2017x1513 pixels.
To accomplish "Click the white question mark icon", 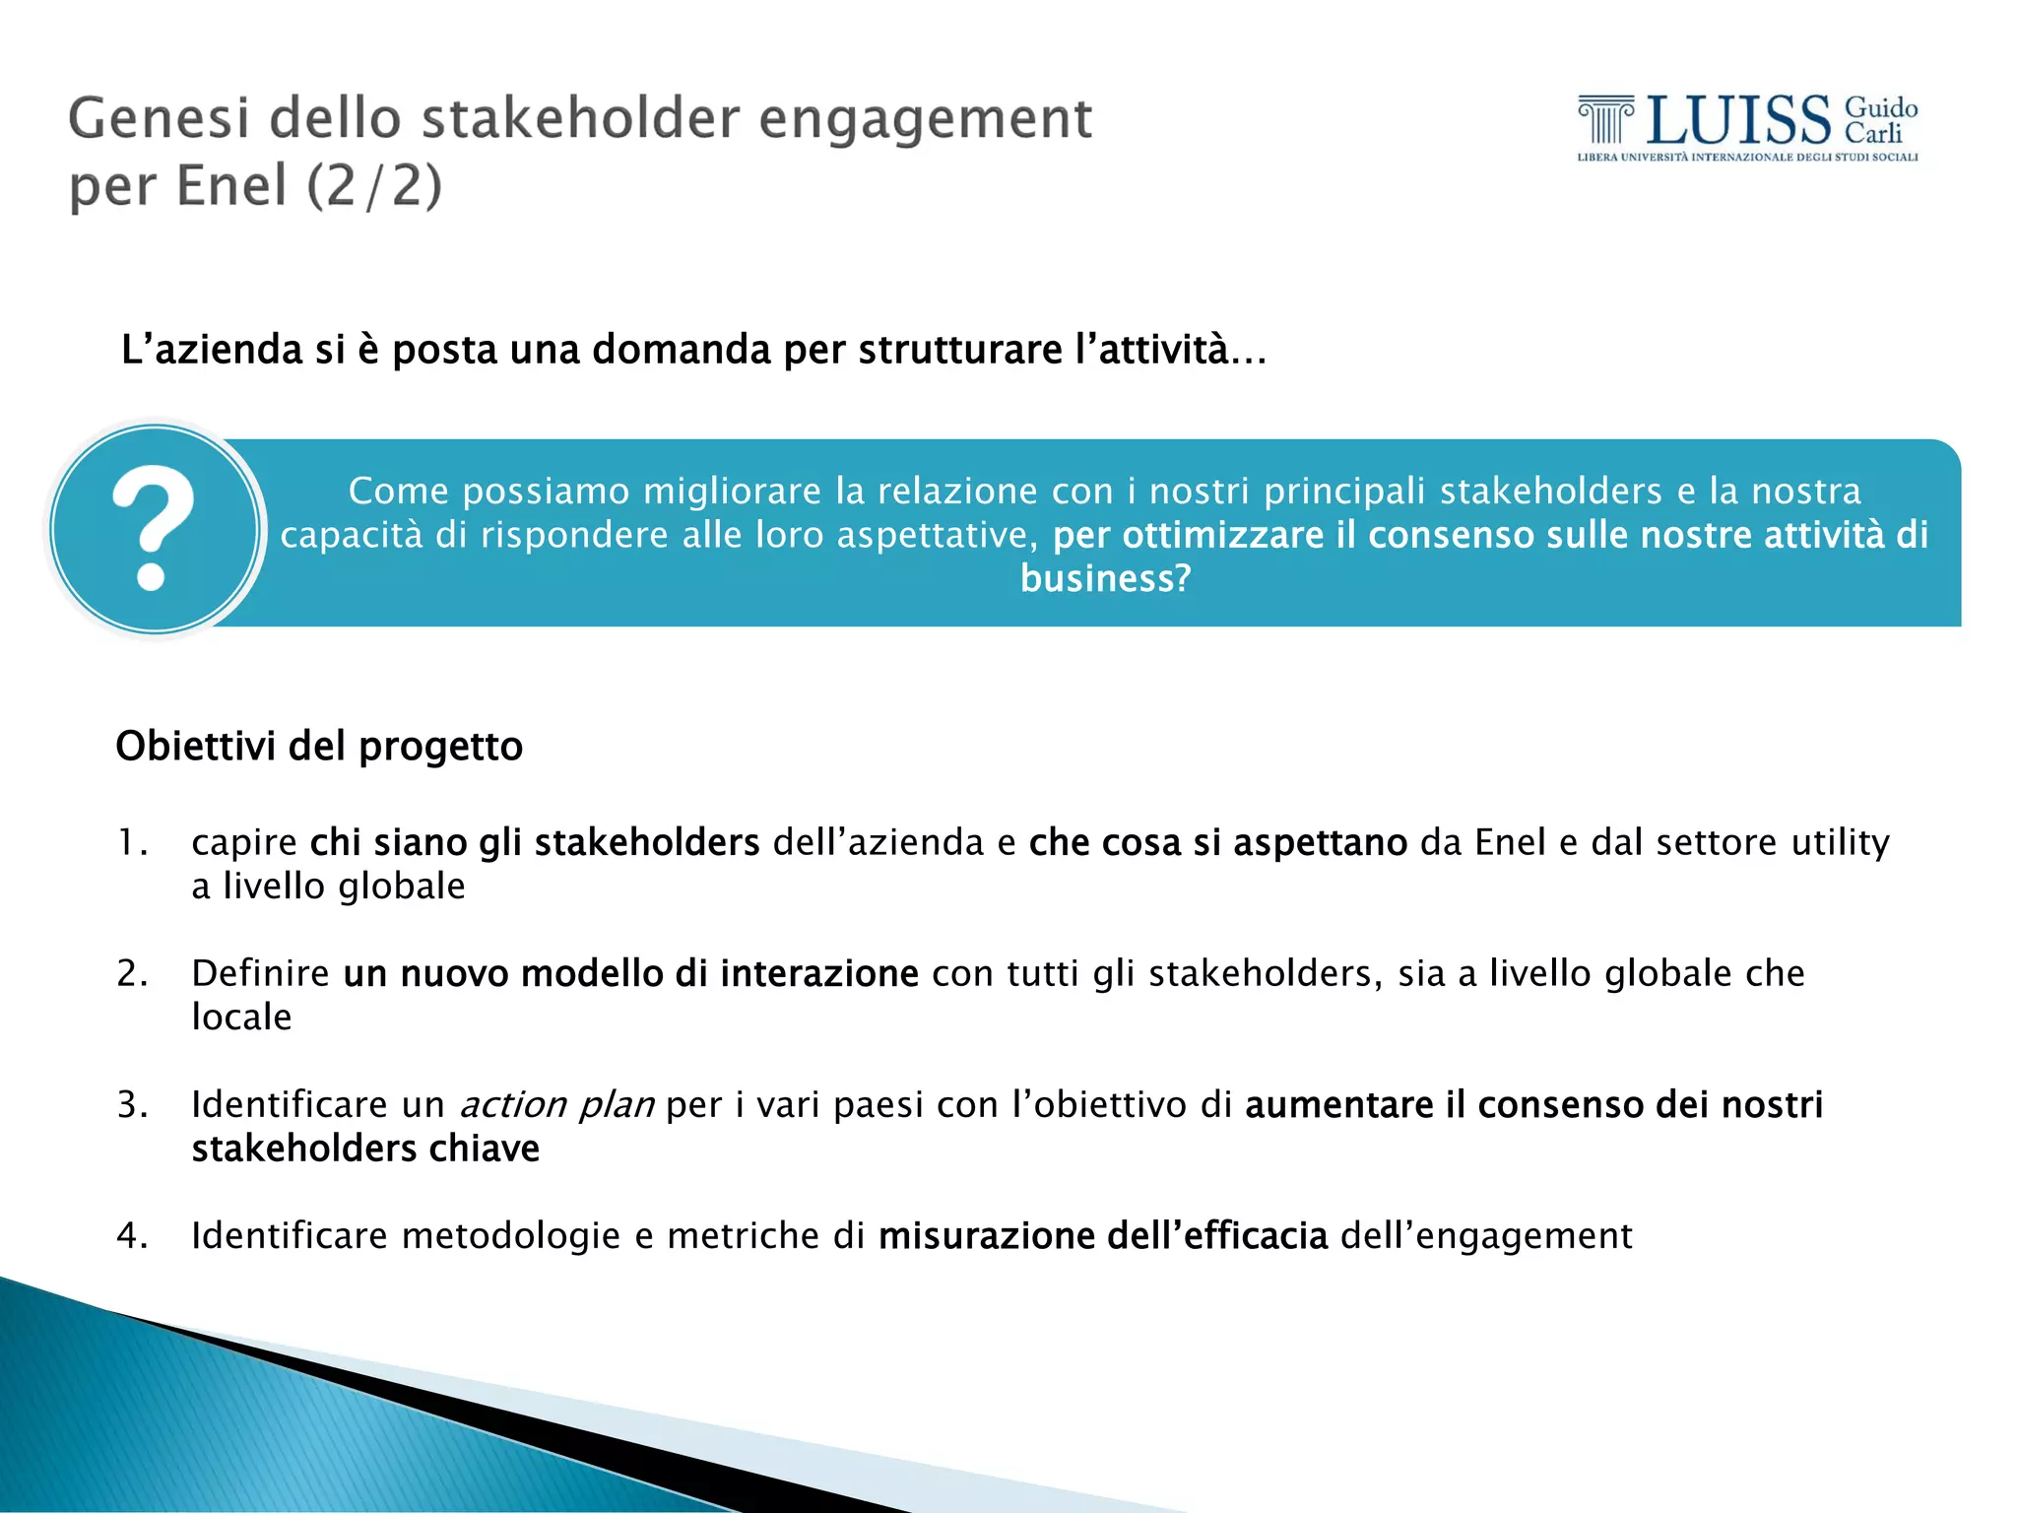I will (x=154, y=528).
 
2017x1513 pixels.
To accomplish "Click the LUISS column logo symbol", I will (x=1605, y=120).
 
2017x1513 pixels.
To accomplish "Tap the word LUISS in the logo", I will (x=1737, y=120).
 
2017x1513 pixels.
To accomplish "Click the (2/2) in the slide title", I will (x=374, y=186).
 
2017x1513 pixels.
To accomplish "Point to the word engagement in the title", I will (x=926, y=119).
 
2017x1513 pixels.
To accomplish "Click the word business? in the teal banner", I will (x=1105, y=578).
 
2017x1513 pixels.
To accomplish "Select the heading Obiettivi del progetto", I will (x=319, y=746).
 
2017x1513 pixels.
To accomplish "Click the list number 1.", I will (x=131, y=842).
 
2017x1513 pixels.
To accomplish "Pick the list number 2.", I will (x=131, y=973).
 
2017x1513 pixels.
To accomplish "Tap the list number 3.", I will (x=131, y=1104).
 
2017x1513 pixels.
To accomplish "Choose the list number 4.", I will (x=131, y=1235).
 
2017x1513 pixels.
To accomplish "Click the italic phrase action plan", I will (x=557, y=1105).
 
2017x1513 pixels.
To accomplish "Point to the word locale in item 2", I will (x=241, y=1017).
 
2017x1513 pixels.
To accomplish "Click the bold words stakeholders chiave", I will (x=365, y=1149).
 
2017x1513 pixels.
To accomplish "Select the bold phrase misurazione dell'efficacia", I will (x=1103, y=1235).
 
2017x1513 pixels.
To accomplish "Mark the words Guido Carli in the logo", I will (x=1880, y=120).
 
